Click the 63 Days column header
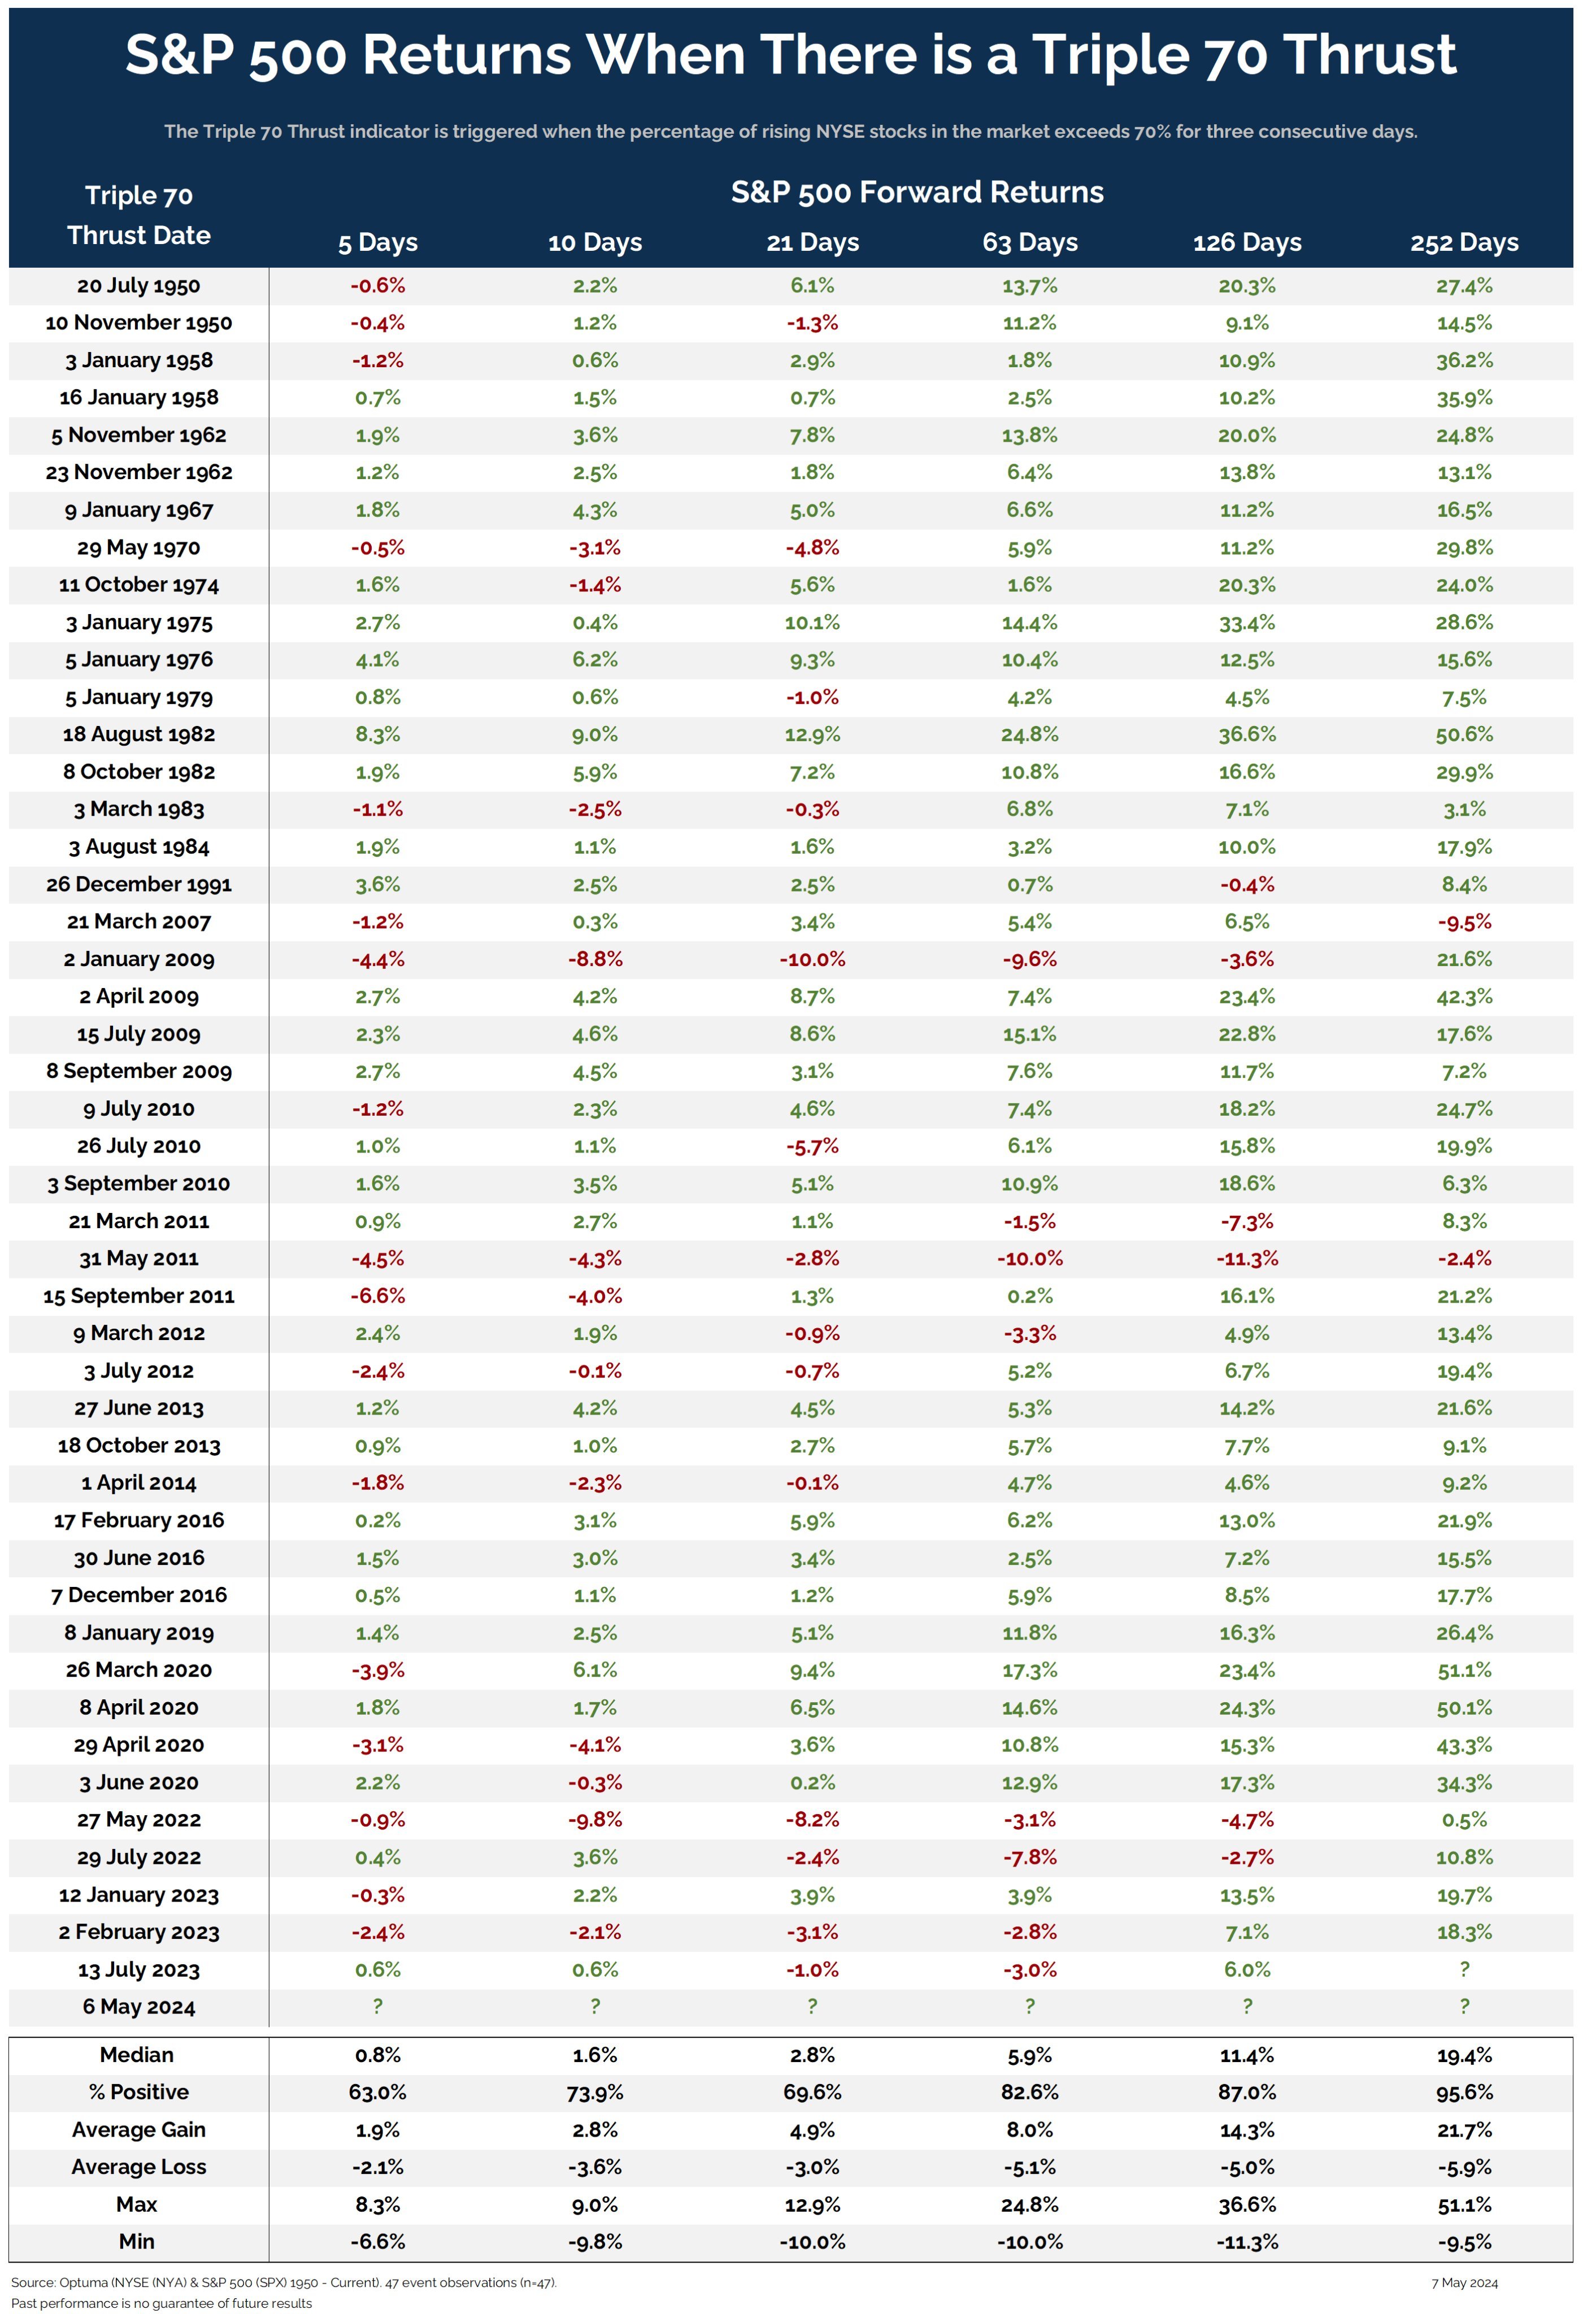tap(1029, 243)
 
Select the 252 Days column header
tap(1464, 243)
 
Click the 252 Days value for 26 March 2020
tap(1464, 1670)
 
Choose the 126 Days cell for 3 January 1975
tap(1246, 623)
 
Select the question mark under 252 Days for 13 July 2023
tap(1464, 1968)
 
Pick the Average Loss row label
tap(138, 2167)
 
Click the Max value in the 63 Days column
tap(1029, 2204)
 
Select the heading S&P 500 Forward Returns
tap(917, 192)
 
